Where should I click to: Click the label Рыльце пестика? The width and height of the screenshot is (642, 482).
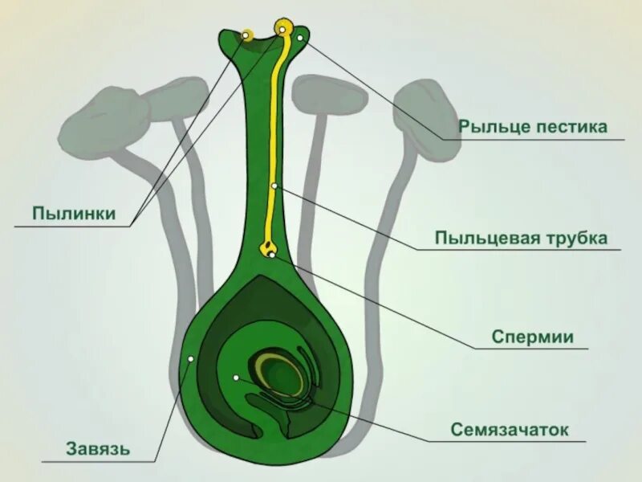pyautogui.click(x=532, y=127)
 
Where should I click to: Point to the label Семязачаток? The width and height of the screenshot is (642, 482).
pyautogui.click(x=510, y=430)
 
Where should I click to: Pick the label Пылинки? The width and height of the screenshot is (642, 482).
pyautogui.click(x=74, y=214)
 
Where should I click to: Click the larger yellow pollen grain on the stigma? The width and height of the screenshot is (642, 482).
pyautogui.click(x=283, y=28)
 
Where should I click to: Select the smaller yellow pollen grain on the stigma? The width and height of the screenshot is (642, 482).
pyautogui.click(x=247, y=35)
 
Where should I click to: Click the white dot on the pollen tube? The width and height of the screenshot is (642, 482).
pyautogui.click(x=274, y=186)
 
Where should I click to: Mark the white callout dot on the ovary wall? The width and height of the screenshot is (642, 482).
pyautogui.click(x=190, y=359)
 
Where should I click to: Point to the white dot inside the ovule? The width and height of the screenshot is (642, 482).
pyautogui.click(x=236, y=377)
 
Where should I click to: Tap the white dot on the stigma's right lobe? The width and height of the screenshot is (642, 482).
pyautogui.click(x=300, y=38)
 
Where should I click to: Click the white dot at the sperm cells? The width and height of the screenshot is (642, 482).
pyautogui.click(x=274, y=255)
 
